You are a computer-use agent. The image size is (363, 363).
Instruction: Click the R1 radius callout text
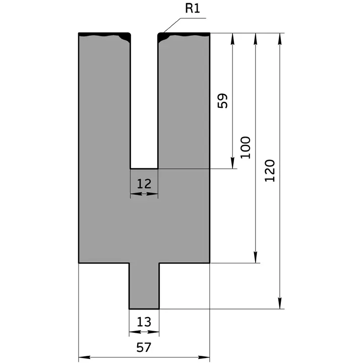(x=193, y=9)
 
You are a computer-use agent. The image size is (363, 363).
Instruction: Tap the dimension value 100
(x=246, y=147)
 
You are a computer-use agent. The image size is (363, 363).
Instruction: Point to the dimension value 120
(x=270, y=170)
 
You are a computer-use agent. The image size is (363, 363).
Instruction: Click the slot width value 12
(x=144, y=183)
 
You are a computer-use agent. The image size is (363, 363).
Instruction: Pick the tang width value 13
(x=144, y=322)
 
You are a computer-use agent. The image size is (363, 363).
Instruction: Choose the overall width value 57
(x=144, y=347)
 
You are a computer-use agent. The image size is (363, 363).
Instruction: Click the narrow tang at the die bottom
(x=144, y=285)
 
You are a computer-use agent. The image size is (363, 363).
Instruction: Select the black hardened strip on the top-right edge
(x=184, y=35)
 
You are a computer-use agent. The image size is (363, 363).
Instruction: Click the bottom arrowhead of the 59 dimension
(x=232, y=164)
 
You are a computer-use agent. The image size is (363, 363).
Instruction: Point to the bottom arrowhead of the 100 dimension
(x=256, y=258)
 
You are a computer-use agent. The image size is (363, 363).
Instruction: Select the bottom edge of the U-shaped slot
(x=144, y=169)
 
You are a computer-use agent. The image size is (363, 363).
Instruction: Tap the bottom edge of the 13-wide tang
(x=144, y=309)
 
